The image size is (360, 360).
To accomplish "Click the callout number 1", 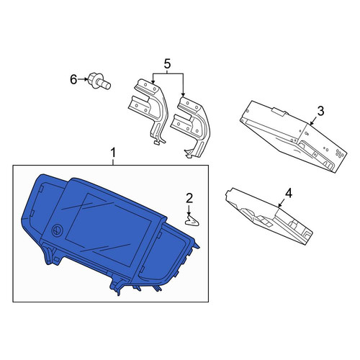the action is point(113,153).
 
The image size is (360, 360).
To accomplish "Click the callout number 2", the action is point(189,199).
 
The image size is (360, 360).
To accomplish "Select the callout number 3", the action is point(320,111).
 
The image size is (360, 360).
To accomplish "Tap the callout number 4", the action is point(289,193).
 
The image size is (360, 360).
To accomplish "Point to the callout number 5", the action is point(167,64).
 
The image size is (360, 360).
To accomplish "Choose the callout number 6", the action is point(73,79).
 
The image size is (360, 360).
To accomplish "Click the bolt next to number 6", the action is point(99,81).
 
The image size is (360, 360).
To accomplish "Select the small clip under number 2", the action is point(192,220).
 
